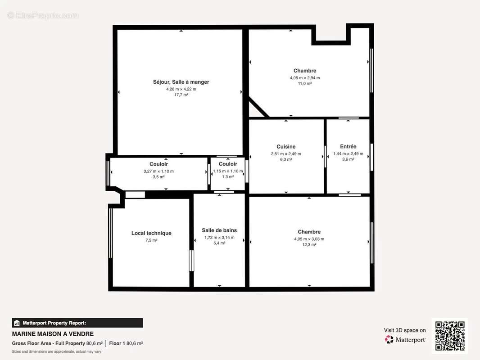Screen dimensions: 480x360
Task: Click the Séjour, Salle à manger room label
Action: (181, 82)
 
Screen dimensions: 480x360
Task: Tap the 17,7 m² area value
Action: (181, 95)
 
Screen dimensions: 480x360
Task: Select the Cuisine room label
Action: (286, 147)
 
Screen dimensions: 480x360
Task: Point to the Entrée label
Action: (348, 147)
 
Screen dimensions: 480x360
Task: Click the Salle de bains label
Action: (219, 230)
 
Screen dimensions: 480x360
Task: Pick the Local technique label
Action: (151, 233)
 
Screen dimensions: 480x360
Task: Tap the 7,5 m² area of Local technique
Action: (151, 240)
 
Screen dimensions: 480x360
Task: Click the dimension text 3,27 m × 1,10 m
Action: (158, 171)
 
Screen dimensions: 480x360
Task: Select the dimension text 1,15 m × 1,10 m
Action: (228, 171)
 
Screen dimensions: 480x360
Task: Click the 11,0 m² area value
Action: (305, 84)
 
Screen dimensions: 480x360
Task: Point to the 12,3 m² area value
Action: (309, 245)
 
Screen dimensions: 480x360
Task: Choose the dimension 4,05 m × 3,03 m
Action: (309, 239)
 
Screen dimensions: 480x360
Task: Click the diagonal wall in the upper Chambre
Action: (259, 107)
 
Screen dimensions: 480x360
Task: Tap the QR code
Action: (450, 336)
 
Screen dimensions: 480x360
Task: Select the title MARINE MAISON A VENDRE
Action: (53, 334)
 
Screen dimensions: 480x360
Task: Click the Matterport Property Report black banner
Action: (77, 323)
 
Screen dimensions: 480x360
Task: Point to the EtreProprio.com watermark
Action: (43, 15)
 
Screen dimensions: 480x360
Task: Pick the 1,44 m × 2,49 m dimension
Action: (348, 153)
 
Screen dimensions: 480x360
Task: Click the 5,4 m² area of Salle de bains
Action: (219, 243)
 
